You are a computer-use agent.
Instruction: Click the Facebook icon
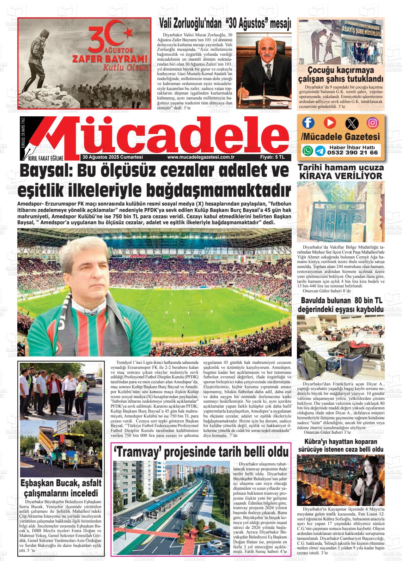coord(309,122)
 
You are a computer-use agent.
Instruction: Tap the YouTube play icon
coord(330,122)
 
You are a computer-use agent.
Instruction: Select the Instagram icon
coord(372,123)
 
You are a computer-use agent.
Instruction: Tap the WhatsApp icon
coord(308,151)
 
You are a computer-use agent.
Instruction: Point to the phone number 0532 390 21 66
coord(352,153)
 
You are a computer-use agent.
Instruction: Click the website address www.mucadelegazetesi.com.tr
coord(201,157)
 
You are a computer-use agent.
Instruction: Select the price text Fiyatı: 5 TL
coord(272,157)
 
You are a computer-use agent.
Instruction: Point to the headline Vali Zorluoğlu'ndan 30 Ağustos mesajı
coord(225,24)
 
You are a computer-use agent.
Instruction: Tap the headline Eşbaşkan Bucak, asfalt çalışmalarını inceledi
coord(61,488)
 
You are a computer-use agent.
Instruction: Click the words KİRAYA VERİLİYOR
coord(340,176)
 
